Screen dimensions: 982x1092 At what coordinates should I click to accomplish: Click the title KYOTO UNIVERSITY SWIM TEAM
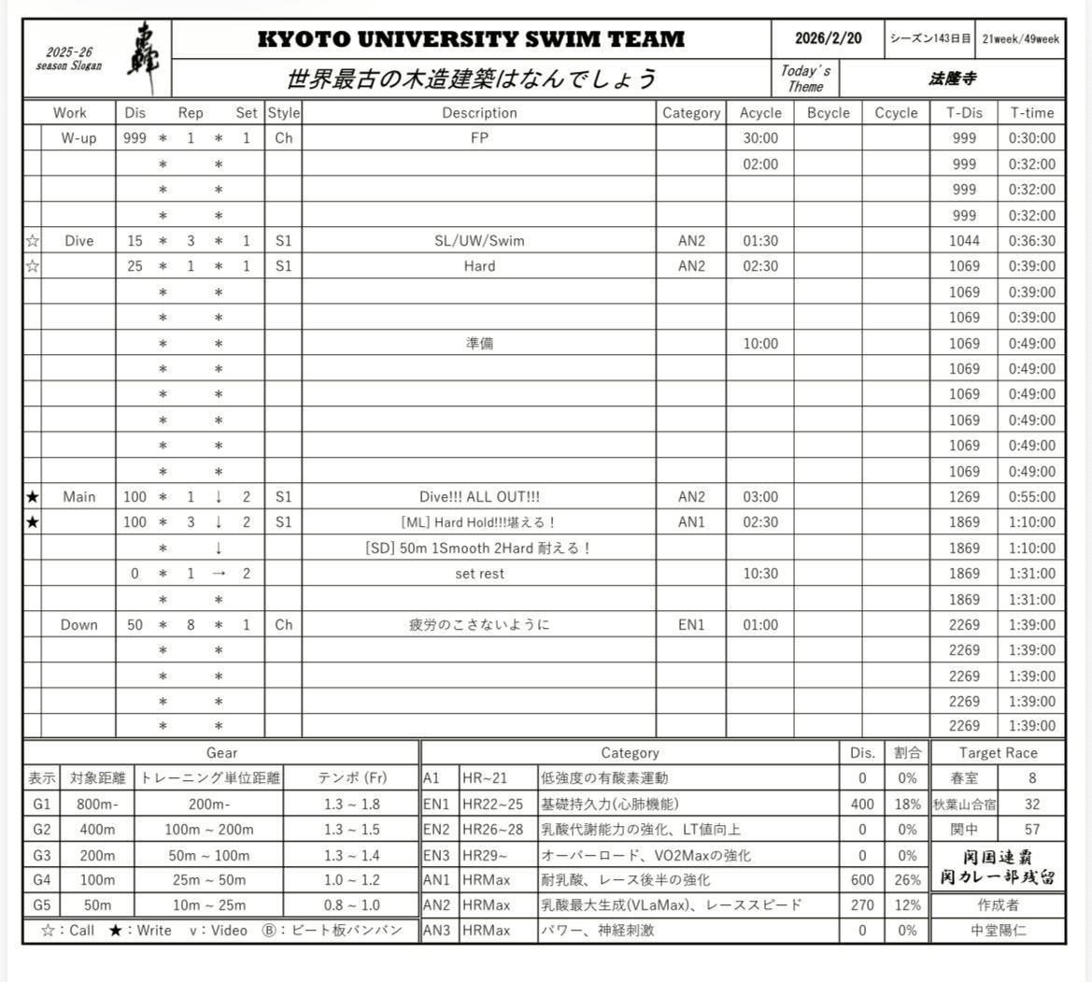pos(471,39)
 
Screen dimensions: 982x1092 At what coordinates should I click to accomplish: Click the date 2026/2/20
pos(828,39)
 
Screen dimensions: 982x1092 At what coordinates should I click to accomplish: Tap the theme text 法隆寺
pos(952,79)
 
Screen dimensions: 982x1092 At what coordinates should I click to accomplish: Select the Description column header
pos(479,113)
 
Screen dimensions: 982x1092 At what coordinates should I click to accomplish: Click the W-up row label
pos(78,138)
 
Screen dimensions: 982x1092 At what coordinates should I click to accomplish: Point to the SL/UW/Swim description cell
pos(479,241)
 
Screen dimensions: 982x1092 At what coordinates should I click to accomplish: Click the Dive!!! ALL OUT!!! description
pos(479,497)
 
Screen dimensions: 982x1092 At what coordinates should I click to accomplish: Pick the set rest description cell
pos(479,574)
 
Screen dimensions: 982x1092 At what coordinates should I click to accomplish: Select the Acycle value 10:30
pos(760,574)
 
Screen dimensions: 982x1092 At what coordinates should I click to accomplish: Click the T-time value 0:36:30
pos(1032,241)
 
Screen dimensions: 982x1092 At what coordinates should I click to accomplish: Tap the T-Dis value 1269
pos(964,497)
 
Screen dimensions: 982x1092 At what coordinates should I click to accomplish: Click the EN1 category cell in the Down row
pos(691,625)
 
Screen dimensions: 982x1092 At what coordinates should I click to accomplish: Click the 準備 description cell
pos(479,344)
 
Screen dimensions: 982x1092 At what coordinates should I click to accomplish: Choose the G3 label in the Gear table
pos(42,855)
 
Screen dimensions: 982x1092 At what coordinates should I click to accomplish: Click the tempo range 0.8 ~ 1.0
pos(350,905)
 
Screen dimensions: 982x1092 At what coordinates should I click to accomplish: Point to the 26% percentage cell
pos(906,880)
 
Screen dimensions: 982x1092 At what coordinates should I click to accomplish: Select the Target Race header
pos(998,753)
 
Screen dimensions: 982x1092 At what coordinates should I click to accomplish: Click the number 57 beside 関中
pos(1031,829)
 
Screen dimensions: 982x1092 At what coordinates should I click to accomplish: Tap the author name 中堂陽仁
pos(998,931)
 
